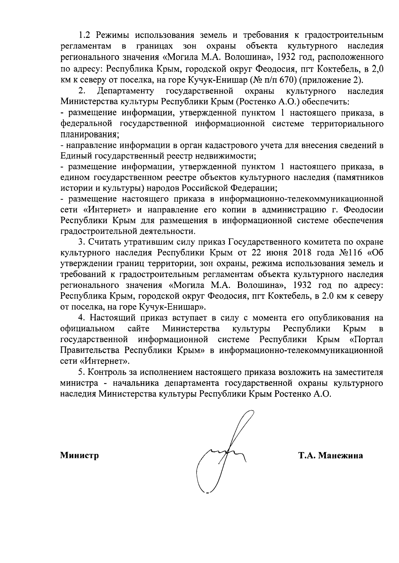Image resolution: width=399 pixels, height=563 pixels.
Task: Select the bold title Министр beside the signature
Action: pyautogui.click(x=79, y=455)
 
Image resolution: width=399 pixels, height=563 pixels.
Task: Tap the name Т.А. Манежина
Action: pyautogui.click(x=331, y=455)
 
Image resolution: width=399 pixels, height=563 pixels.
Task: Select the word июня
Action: pyautogui.click(x=276, y=253)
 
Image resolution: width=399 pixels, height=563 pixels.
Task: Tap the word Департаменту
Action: pyautogui.click(x=125, y=91)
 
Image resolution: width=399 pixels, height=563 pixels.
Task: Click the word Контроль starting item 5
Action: pyautogui.click(x=106, y=372)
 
